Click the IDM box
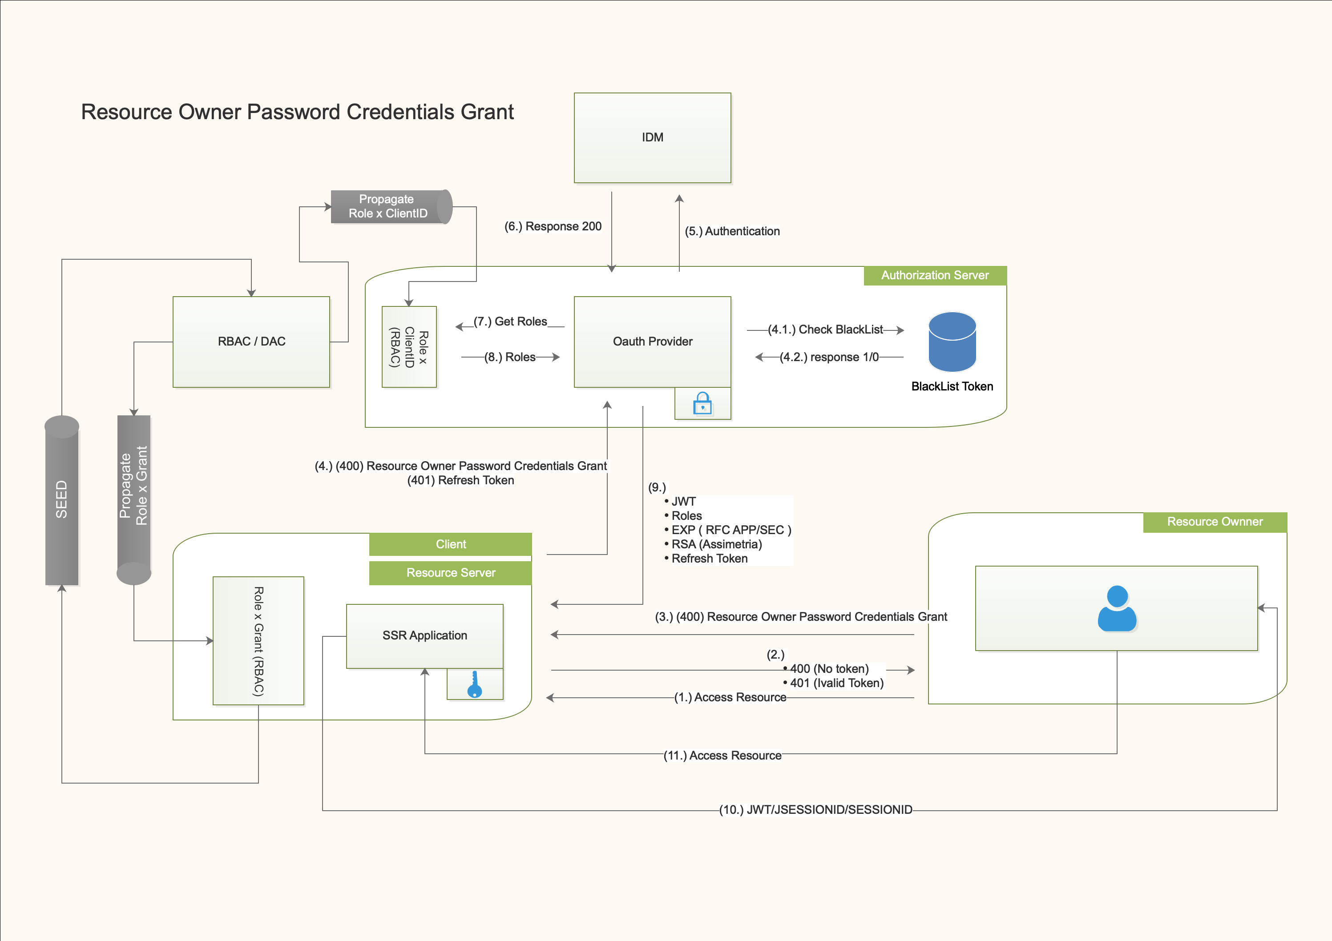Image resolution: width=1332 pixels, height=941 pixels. pyautogui.click(x=652, y=137)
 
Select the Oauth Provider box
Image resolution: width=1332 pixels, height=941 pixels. pyautogui.click(x=652, y=342)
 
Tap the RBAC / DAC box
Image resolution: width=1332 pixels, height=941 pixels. pyautogui.click(x=251, y=342)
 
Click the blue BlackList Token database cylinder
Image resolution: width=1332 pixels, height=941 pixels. pyautogui.click(x=952, y=342)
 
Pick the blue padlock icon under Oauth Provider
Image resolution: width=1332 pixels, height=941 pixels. pyautogui.click(x=702, y=403)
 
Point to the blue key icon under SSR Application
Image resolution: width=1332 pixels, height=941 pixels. pyautogui.click(x=475, y=685)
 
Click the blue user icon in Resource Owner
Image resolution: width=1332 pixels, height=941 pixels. pyautogui.click(x=1117, y=608)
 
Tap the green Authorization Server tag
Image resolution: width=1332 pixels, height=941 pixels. pyautogui.click(x=935, y=275)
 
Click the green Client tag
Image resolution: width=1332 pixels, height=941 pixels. pyautogui.click(x=450, y=544)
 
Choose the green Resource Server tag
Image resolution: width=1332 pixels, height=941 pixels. pyautogui.click(x=450, y=573)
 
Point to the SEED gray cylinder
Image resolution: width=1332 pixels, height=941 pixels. pyautogui.click(x=61, y=500)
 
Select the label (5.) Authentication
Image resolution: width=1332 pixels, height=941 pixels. pyautogui.click(x=732, y=231)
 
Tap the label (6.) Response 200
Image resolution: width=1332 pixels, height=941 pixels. pyautogui.click(x=553, y=227)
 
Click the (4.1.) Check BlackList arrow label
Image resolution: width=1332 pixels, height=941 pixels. pyautogui.click(x=825, y=330)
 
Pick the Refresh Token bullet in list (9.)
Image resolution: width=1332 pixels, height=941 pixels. pyautogui.click(x=709, y=559)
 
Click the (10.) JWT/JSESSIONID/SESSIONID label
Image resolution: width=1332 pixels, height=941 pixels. pyautogui.click(x=815, y=810)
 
